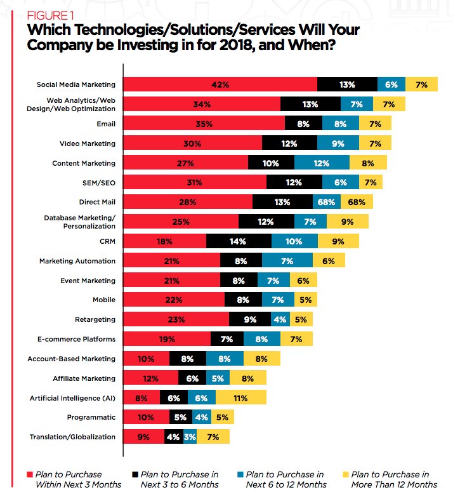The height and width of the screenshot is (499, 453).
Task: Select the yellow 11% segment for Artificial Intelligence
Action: (x=240, y=398)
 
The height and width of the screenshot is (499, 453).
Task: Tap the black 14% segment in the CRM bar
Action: (x=239, y=241)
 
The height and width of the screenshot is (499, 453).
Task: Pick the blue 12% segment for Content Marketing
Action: (x=322, y=163)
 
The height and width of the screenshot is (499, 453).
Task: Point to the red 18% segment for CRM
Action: (x=164, y=241)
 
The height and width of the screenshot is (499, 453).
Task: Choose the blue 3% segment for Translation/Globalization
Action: (x=190, y=437)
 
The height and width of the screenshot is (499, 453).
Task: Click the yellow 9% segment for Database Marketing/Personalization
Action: (x=347, y=222)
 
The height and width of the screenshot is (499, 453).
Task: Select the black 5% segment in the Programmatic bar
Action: (x=181, y=417)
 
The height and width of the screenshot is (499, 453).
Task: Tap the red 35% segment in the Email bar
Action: (x=204, y=124)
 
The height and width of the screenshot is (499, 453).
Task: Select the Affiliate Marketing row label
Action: (x=84, y=378)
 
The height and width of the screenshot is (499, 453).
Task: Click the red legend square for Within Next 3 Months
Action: (x=29, y=474)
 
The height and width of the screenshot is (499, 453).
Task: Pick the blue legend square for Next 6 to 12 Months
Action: (x=240, y=474)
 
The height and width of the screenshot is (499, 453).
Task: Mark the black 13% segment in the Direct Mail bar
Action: (x=282, y=202)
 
